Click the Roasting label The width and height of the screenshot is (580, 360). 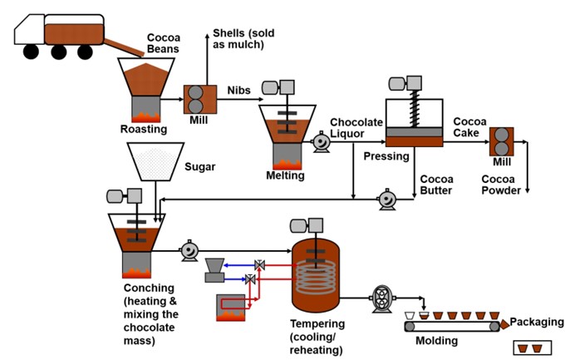click(x=143, y=129)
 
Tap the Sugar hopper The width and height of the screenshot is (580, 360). click(x=155, y=162)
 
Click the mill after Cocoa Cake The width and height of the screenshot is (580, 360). click(x=501, y=139)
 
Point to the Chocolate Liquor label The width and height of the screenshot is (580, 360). click(x=356, y=129)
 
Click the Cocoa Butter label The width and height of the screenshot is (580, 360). click(x=436, y=185)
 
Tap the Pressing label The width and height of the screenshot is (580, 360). click(x=386, y=156)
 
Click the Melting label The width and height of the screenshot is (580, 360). click(x=285, y=175)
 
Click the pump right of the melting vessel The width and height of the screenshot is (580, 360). click(x=319, y=144)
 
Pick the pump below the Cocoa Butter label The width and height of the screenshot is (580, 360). click(x=386, y=200)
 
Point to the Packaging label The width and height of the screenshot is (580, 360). click(x=537, y=323)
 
